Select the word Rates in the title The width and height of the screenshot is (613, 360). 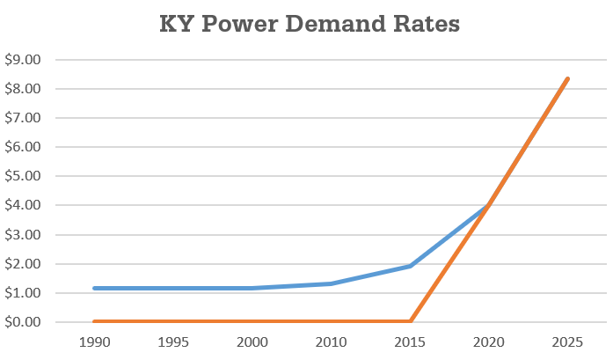click(x=425, y=26)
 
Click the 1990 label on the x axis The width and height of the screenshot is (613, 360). click(x=95, y=341)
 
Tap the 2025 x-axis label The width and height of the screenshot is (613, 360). click(x=567, y=341)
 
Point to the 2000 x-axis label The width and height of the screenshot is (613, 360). click(x=252, y=341)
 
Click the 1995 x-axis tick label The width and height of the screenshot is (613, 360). click(x=173, y=341)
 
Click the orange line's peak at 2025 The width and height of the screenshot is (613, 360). click(x=567, y=79)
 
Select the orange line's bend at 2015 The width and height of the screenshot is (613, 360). click(x=410, y=321)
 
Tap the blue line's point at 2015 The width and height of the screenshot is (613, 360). click(x=410, y=266)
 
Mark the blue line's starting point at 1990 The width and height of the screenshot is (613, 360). click(x=95, y=288)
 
